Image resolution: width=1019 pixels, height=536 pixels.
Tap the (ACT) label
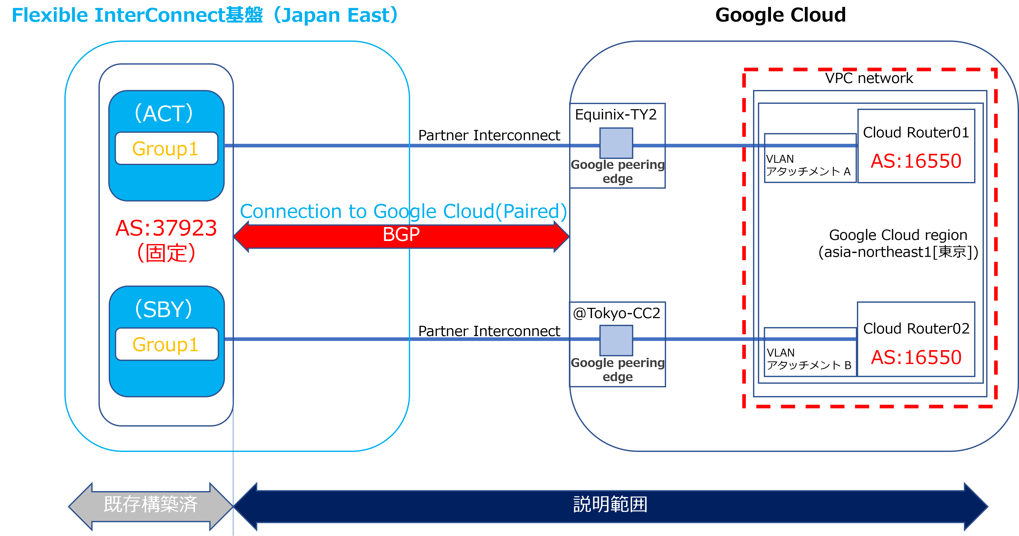(x=164, y=114)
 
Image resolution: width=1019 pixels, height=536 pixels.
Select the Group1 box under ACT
(x=166, y=149)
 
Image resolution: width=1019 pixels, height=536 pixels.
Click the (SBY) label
(x=164, y=309)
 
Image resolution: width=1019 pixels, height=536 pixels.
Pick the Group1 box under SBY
(x=166, y=344)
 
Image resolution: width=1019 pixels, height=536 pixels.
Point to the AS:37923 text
(x=166, y=228)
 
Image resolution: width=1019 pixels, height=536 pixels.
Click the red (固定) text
(x=166, y=253)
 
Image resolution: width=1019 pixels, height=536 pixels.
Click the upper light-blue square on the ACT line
(x=616, y=143)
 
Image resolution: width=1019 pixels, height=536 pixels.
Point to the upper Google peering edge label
(x=618, y=171)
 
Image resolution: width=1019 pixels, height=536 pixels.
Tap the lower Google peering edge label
(x=618, y=370)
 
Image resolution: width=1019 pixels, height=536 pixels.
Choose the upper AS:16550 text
(x=916, y=161)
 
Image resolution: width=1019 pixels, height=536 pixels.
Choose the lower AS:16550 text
(x=916, y=357)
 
